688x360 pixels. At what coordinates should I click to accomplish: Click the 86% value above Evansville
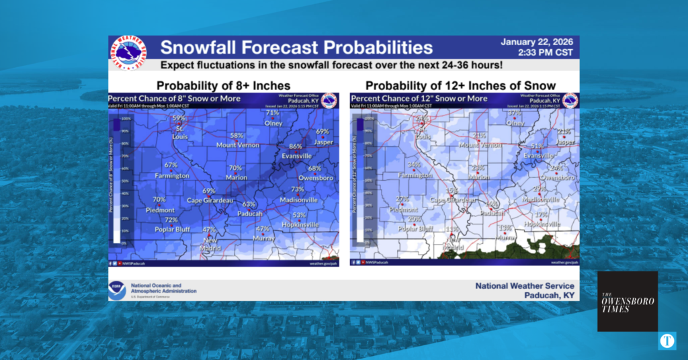pyautogui.click(x=295, y=146)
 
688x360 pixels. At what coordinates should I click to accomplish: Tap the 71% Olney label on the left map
pyautogui.click(x=272, y=114)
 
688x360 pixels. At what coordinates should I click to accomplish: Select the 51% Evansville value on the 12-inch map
pyautogui.click(x=537, y=146)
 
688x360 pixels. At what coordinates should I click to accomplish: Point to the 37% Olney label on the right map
pyautogui.click(x=515, y=114)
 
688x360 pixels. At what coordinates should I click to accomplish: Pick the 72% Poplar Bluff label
pyautogui.click(x=171, y=220)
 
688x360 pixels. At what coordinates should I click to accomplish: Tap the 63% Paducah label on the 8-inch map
pyautogui.click(x=249, y=204)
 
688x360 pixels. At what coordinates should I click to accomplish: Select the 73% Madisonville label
pyautogui.click(x=298, y=189)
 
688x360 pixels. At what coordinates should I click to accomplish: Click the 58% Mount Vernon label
pyautogui.click(x=236, y=136)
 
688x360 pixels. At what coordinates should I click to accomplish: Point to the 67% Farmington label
pyautogui.click(x=171, y=165)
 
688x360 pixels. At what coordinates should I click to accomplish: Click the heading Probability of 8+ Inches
pyautogui.click(x=223, y=85)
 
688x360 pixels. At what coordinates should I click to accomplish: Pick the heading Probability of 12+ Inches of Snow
pyautogui.click(x=460, y=85)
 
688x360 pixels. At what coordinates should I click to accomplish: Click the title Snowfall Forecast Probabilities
pyautogui.click(x=296, y=48)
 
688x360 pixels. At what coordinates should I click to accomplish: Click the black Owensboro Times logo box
pyautogui.click(x=628, y=301)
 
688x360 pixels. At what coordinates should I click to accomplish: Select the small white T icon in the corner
pyautogui.click(x=666, y=341)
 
